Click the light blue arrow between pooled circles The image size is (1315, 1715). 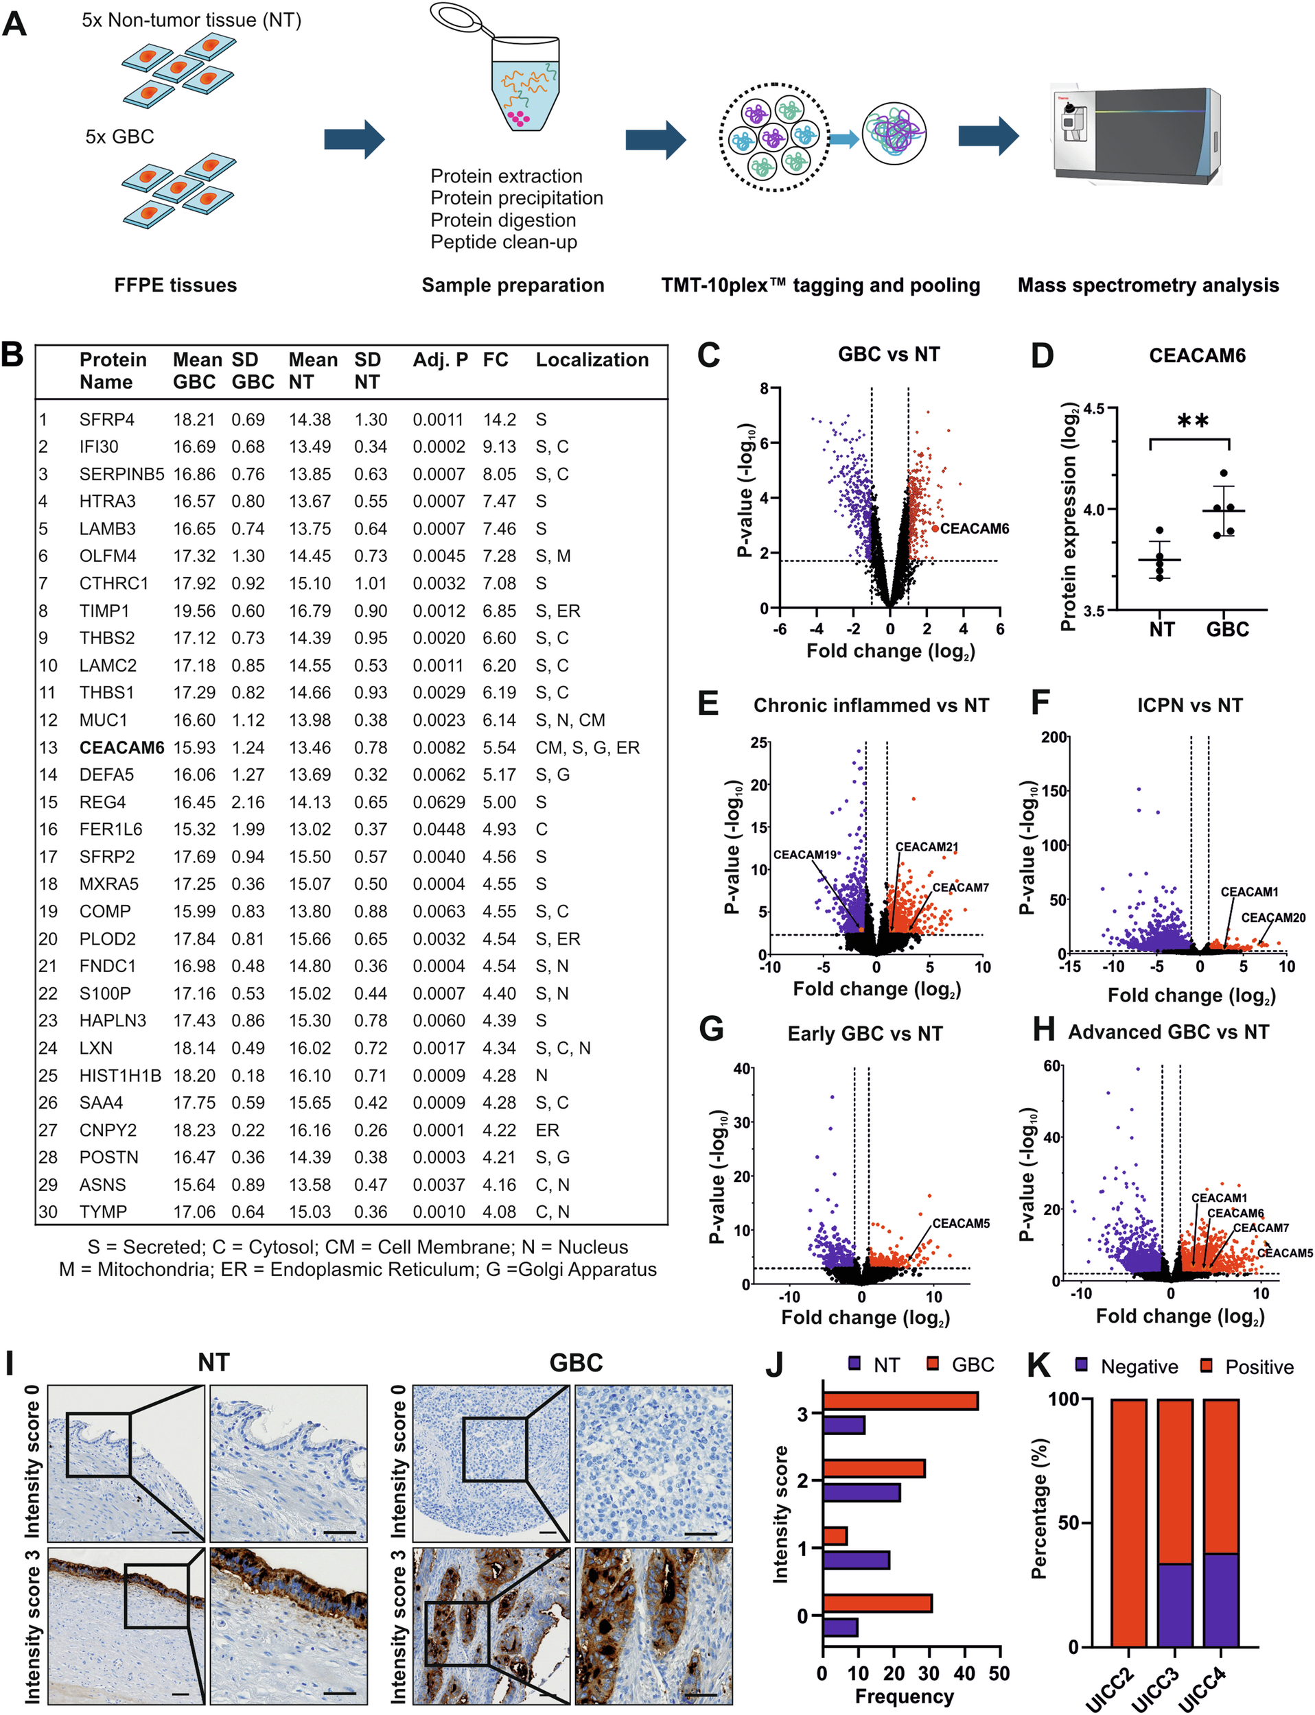click(843, 139)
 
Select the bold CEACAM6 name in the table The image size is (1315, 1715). click(121, 747)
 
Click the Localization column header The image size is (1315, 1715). click(592, 360)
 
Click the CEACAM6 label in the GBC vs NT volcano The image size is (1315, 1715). click(974, 529)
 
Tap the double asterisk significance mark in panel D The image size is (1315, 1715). click(1193, 422)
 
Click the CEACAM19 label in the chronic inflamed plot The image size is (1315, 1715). click(804, 854)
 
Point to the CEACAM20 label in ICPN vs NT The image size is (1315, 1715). click(1272, 918)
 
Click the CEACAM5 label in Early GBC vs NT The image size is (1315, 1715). click(960, 1223)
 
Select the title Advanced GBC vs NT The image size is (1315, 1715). click(1168, 1032)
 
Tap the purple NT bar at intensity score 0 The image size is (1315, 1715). click(840, 1627)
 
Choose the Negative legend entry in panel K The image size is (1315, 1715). click(1127, 1367)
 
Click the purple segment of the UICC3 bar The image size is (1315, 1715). click(1175, 1604)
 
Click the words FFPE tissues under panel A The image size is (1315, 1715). click(175, 285)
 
